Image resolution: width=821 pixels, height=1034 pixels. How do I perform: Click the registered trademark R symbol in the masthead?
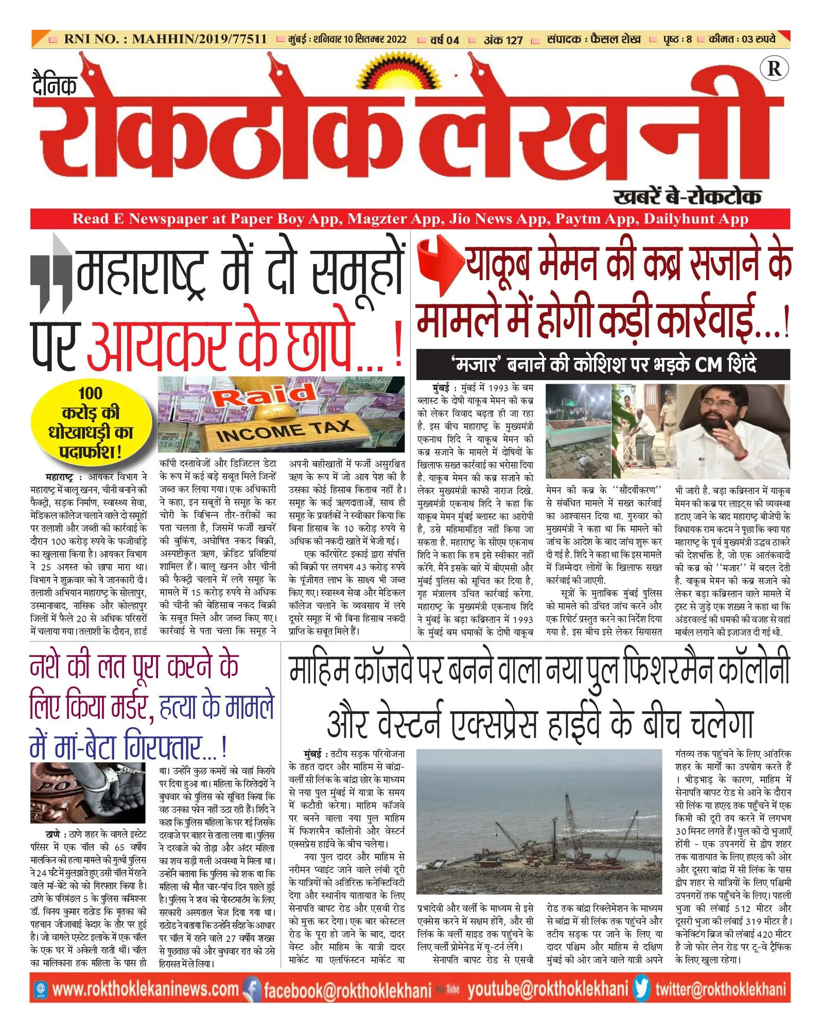(x=774, y=68)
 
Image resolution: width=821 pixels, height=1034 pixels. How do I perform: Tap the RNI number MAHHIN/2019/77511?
(x=165, y=39)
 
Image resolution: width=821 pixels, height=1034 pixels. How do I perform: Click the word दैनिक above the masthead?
(x=55, y=85)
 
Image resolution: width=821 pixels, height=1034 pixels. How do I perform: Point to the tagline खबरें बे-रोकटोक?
(x=687, y=196)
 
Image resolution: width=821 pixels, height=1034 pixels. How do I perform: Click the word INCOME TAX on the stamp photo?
(x=284, y=430)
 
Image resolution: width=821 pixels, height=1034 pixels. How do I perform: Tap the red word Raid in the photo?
(x=264, y=395)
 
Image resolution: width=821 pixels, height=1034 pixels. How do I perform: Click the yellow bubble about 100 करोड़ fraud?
(x=91, y=422)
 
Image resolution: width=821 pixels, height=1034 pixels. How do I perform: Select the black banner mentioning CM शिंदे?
(x=603, y=364)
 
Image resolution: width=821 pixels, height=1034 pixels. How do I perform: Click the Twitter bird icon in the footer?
(x=641, y=989)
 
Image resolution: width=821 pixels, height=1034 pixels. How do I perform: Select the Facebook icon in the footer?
(x=252, y=989)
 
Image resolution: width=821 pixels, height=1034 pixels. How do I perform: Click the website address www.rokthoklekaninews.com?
(x=145, y=989)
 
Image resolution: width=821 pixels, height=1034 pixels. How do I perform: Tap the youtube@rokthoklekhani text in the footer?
(x=548, y=989)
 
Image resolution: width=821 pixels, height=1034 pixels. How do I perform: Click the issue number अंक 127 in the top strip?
(x=503, y=40)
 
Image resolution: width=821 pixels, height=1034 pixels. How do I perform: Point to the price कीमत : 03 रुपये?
(x=742, y=39)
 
